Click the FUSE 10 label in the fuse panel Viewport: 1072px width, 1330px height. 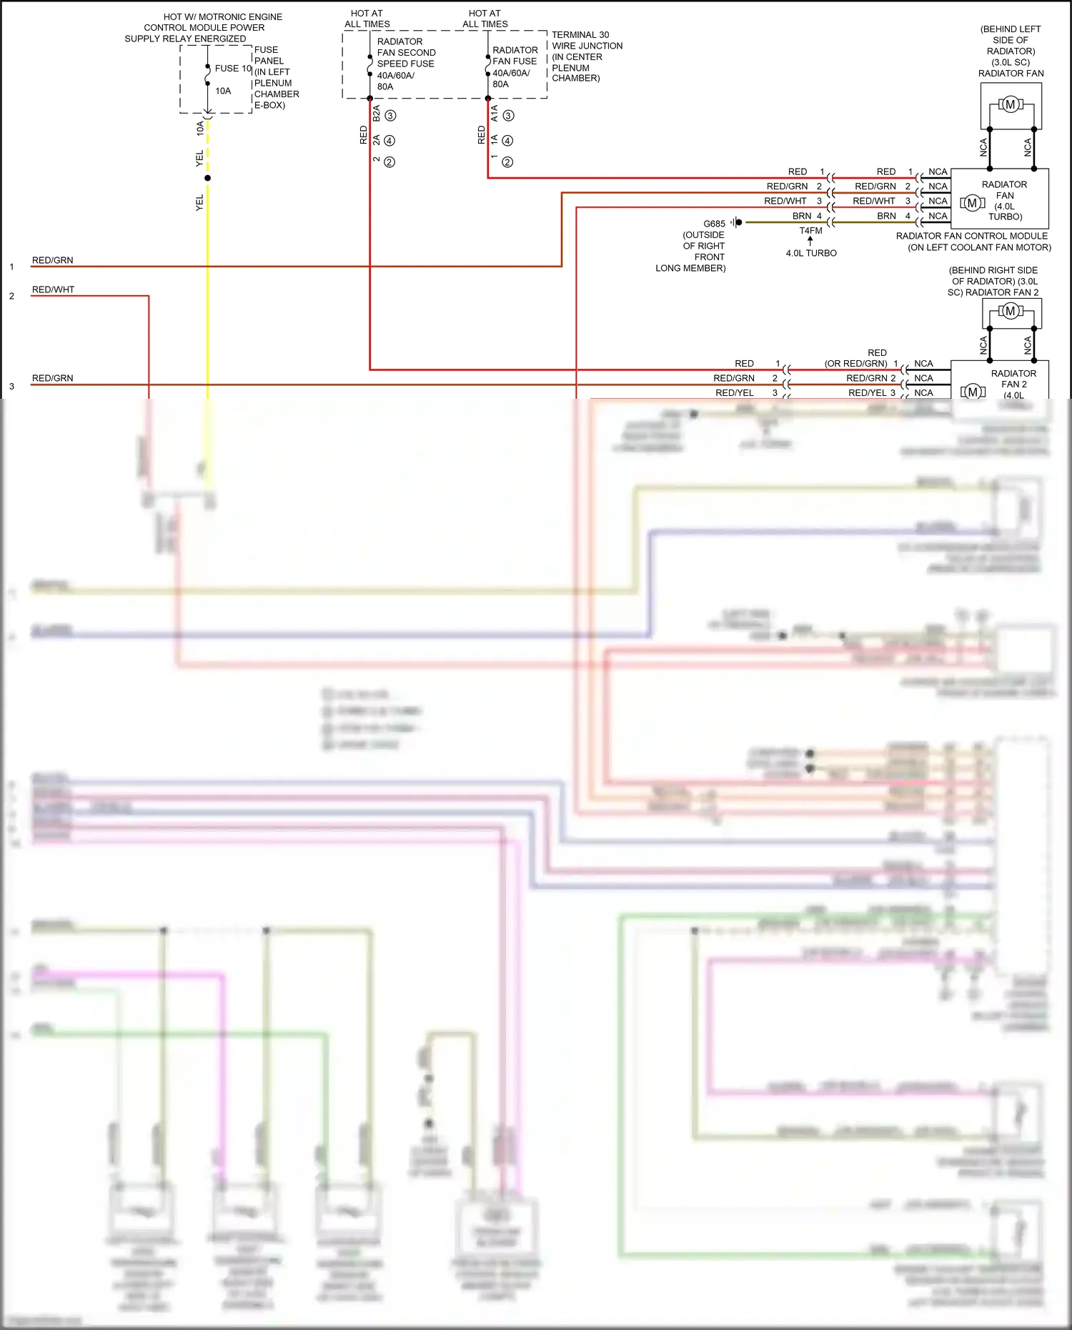(233, 69)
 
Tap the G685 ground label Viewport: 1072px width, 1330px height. (714, 224)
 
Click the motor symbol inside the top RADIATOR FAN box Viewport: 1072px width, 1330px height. (1010, 105)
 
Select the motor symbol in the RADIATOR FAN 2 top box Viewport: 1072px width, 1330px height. (1010, 311)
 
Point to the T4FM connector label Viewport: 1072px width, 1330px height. (810, 231)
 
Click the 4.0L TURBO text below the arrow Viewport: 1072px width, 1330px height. (811, 253)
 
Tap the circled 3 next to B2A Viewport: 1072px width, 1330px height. (390, 116)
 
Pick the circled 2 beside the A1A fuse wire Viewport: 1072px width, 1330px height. (507, 162)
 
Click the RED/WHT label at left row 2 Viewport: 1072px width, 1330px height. (53, 289)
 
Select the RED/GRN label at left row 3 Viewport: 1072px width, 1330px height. (53, 378)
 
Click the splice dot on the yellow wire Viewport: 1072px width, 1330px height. (207, 178)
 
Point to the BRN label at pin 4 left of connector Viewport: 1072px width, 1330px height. (802, 216)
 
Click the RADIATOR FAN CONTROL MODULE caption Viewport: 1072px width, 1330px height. (972, 236)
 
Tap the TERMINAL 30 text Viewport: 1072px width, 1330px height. (580, 34)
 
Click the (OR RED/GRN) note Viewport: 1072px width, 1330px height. (855, 363)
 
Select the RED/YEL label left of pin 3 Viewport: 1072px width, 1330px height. (735, 392)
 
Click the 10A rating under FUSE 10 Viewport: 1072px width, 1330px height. (223, 91)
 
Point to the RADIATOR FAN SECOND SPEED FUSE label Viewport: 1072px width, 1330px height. (406, 53)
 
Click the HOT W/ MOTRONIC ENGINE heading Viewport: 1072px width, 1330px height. (222, 16)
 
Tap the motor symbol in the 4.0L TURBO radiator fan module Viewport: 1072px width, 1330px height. (972, 204)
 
